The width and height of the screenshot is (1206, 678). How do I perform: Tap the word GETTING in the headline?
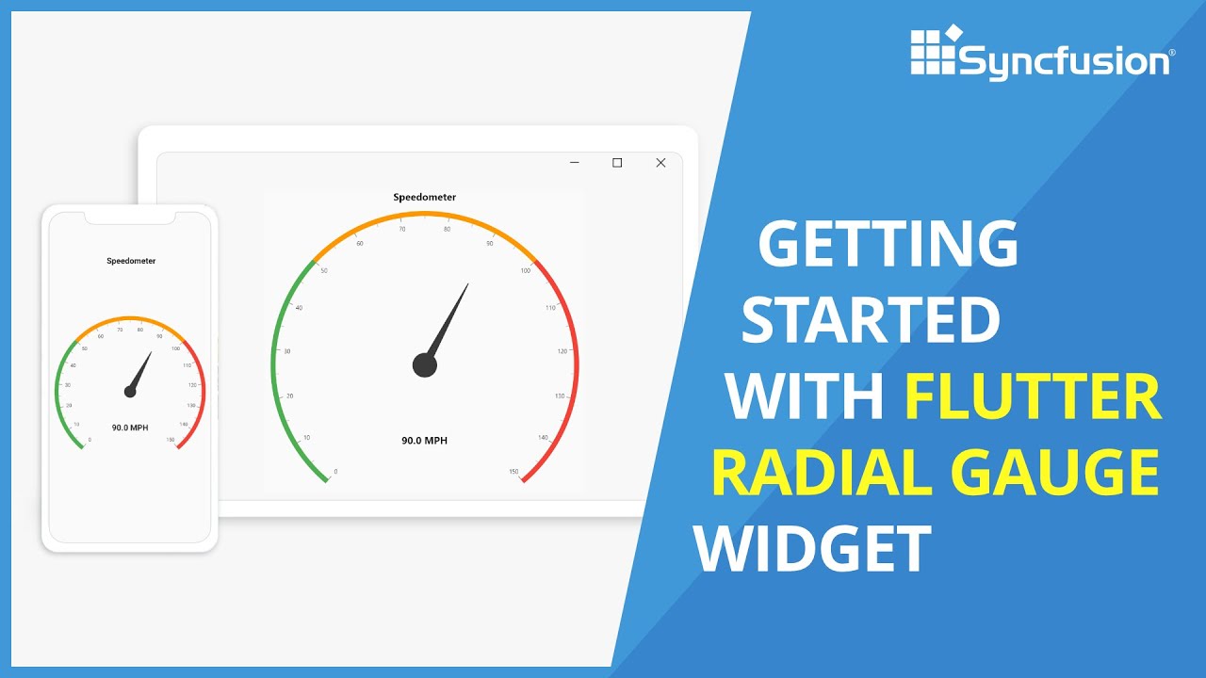coord(888,245)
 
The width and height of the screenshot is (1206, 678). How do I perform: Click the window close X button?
coord(660,163)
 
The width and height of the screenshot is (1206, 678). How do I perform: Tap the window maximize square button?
coord(617,163)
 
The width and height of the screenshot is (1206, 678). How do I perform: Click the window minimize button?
coord(575,163)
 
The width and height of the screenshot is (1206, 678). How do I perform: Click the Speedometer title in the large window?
coord(425,198)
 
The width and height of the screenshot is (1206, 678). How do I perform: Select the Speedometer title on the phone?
coord(131,261)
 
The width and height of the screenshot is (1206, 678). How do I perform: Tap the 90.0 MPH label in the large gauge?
coord(425,441)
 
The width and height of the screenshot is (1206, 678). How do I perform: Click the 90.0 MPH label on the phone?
coord(130,428)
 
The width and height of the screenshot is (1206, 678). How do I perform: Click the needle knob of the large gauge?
coord(425,365)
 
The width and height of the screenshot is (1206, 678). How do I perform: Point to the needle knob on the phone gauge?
coord(130,392)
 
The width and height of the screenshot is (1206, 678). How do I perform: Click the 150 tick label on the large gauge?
coord(513,472)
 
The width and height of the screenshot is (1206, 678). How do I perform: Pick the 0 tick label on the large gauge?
coord(336,472)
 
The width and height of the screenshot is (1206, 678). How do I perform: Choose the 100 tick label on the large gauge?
coord(525,271)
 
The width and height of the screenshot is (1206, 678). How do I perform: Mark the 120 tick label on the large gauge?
coord(562,351)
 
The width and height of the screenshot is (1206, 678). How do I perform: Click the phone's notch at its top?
coord(130,218)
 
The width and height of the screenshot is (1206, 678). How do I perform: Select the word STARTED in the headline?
coord(871,320)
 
